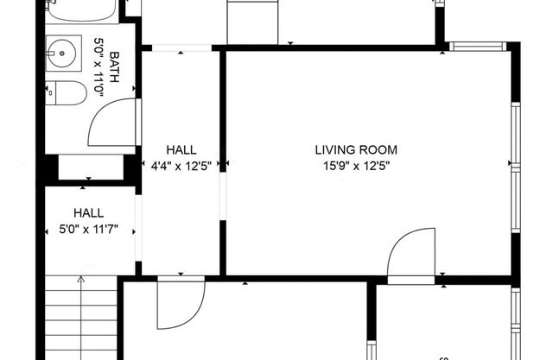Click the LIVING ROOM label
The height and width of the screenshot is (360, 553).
tap(356, 150)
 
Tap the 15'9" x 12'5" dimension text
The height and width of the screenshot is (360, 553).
tap(357, 166)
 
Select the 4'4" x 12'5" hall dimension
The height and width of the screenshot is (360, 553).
tap(181, 166)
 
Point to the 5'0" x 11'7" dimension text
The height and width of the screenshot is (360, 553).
tap(88, 230)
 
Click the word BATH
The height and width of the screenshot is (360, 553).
tap(114, 67)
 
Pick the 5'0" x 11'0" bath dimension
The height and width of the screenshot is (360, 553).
tap(99, 67)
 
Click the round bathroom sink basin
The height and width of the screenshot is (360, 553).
tap(61, 54)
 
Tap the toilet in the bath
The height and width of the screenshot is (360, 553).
tap(66, 93)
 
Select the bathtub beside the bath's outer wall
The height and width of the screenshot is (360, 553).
tap(82, 10)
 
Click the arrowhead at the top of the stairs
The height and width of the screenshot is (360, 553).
tap(81, 279)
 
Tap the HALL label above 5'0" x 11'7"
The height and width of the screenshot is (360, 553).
tap(88, 213)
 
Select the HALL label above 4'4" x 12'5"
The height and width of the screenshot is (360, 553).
tap(181, 150)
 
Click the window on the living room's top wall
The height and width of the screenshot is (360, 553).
tap(478, 47)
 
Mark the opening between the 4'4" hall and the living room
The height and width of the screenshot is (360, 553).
tap(223, 196)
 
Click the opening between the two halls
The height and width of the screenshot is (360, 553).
tap(138, 228)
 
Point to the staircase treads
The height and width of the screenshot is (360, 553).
tap(81, 318)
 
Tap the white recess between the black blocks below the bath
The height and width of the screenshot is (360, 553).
tap(91, 167)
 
